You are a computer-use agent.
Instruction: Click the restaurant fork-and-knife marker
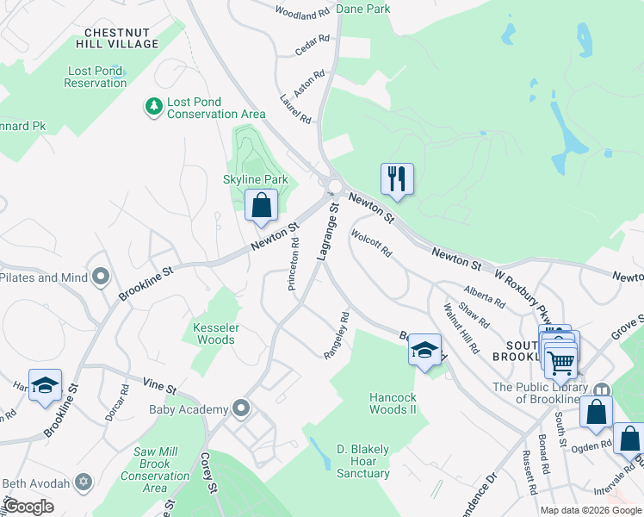(x=397, y=179)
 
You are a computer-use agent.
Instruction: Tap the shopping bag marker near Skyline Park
(x=261, y=206)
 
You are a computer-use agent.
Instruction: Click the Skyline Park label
(x=255, y=179)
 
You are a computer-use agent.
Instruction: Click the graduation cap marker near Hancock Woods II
(x=424, y=350)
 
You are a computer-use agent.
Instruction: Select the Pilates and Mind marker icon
(x=101, y=277)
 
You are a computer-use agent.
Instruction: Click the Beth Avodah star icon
(x=84, y=482)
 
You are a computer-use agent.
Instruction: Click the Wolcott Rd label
(x=371, y=242)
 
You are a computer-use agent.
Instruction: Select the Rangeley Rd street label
(x=337, y=336)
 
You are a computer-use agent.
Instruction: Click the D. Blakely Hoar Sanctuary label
(x=362, y=461)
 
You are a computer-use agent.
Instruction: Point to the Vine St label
(x=159, y=389)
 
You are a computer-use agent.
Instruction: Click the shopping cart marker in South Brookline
(x=560, y=363)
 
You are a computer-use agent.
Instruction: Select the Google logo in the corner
(x=29, y=506)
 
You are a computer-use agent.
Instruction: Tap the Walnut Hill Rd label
(x=461, y=328)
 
